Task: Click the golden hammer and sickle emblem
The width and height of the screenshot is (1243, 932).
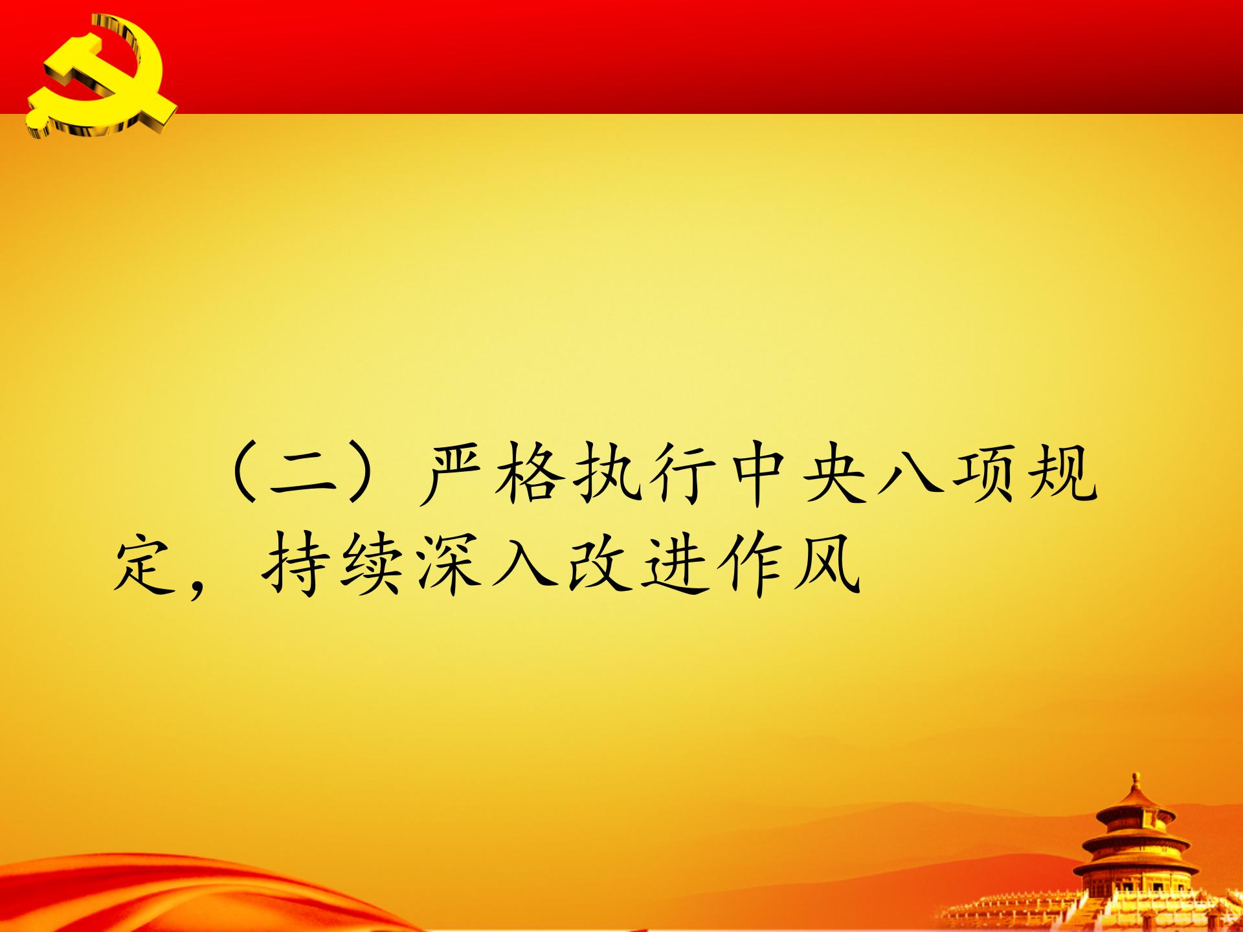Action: coord(103,78)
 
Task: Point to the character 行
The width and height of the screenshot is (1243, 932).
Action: coord(679,476)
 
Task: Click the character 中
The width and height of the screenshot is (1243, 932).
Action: coord(755,476)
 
